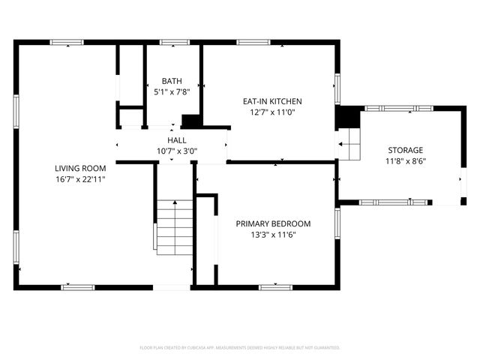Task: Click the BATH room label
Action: (172, 82)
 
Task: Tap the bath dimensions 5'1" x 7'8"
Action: (172, 92)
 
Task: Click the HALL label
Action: (177, 140)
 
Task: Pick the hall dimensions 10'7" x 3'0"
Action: (177, 151)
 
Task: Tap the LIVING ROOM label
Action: (79, 168)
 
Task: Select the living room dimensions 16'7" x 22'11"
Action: (79, 179)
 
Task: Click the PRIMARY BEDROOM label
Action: (273, 223)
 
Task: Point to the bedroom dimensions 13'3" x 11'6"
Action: (273, 235)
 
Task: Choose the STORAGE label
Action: (405, 150)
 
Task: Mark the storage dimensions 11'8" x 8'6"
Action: (405, 161)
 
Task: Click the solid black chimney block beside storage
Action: (347, 118)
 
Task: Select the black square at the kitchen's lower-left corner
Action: (191, 121)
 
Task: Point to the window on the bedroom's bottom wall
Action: (275, 286)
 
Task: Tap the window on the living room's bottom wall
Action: (77, 286)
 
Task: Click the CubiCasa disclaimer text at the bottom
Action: (240, 348)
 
